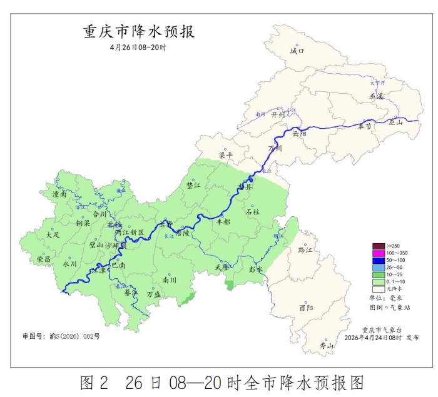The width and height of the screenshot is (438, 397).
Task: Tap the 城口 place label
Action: [x=297, y=52]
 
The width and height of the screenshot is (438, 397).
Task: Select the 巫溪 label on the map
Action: [x=376, y=96]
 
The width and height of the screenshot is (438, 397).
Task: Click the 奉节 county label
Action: [x=365, y=127]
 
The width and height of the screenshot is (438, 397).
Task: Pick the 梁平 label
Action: [x=225, y=154]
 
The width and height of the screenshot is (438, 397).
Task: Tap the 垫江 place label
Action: [x=194, y=186]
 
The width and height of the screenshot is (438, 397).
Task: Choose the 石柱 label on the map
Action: [x=252, y=212]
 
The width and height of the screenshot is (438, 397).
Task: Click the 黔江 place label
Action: [x=305, y=250]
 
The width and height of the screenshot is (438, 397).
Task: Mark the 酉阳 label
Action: [x=306, y=308]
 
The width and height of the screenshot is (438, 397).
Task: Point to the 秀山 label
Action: [x=327, y=344]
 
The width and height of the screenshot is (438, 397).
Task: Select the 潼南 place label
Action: [x=60, y=195]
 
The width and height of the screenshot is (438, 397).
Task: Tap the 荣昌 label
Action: [x=43, y=259]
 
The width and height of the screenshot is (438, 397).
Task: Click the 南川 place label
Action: [x=169, y=280]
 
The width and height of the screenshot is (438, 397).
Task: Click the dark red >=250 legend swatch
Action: [x=378, y=245]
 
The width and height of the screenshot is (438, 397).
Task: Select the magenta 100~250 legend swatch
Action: [x=378, y=253]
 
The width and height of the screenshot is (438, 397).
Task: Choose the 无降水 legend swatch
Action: [x=378, y=289]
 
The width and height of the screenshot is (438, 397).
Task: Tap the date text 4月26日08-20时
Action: [x=139, y=48]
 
